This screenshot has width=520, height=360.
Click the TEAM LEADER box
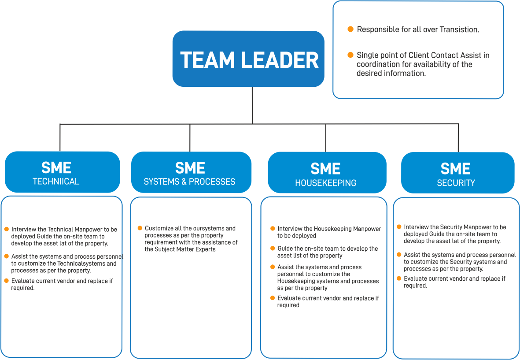pyautogui.click(x=248, y=59)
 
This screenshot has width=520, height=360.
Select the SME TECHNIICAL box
pyautogui.click(x=62, y=172)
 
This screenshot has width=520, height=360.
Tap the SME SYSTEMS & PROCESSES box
pyautogui.click(x=191, y=172)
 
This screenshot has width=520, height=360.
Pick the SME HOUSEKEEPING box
pyautogui.click(x=326, y=173)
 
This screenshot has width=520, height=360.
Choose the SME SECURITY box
pyautogui.click(x=457, y=173)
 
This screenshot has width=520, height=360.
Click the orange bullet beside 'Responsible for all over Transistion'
pyautogui.click(x=350, y=29)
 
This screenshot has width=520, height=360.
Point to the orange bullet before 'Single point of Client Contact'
pyautogui.click(x=350, y=55)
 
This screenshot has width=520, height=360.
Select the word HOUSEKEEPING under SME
pyautogui.click(x=325, y=183)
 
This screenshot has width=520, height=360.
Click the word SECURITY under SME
pyautogui.click(x=456, y=182)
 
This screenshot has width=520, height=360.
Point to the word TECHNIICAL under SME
pyautogui.click(x=56, y=182)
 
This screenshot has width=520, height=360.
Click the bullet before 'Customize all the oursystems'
pyautogui.click(x=140, y=228)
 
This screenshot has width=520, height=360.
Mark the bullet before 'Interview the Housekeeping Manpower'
pyautogui.click(x=273, y=228)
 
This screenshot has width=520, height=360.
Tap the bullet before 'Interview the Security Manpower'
pyautogui.click(x=399, y=226)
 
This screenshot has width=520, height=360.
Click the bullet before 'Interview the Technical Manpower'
pyautogui.click(x=6, y=229)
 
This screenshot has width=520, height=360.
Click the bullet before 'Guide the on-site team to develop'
pyautogui.click(x=273, y=248)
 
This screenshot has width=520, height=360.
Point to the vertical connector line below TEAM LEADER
pyautogui.click(x=252, y=105)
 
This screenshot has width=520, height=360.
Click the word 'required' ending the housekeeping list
pyautogui.click(x=288, y=305)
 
